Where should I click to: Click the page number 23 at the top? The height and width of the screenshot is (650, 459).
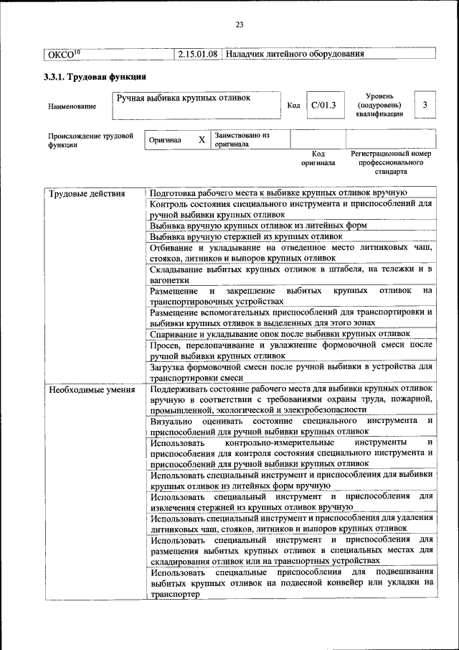pyautogui.click(x=240, y=25)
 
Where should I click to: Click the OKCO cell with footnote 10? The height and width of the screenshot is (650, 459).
pyautogui.click(x=63, y=54)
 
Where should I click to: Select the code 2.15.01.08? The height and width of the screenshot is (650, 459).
pyautogui.click(x=197, y=54)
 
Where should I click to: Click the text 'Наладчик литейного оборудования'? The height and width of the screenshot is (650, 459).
pyautogui.click(x=295, y=54)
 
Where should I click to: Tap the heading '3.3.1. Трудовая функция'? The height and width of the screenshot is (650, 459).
pyautogui.click(x=95, y=77)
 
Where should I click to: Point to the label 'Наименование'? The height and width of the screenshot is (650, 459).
pyautogui.click(x=72, y=107)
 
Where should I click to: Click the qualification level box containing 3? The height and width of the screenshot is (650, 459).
pyautogui.click(x=425, y=106)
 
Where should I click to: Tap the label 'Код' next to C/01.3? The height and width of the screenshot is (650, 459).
pyautogui.click(x=293, y=106)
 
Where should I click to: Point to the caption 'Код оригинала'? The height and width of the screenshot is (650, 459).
pyautogui.click(x=318, y=158)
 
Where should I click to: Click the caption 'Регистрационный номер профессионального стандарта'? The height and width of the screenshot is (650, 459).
pyautogui.click(x=391, y=163)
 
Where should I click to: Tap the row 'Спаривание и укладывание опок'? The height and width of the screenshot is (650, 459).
pyautogui.click(x=280, y=334)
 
